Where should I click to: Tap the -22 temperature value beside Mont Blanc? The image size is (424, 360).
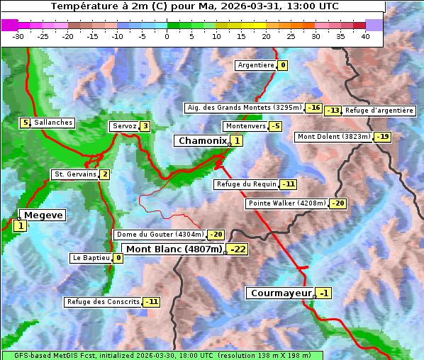click(x=238, y=249)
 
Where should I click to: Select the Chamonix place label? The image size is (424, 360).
click(x=202, y=141)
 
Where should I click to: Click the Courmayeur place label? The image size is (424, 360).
click(x=281, y=293)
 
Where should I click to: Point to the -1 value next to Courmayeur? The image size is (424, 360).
click(x=323, y=293)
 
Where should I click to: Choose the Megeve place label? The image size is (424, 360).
click(x=43, y=215)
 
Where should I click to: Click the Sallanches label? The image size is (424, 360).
click(x=53, y=123)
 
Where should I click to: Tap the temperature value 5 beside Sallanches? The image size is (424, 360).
click(x=26, y=123)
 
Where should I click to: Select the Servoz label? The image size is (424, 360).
click(x=123, y=126)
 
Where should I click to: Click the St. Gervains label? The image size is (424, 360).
click(x=75, y=174)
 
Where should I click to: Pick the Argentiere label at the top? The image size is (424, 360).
click(x=256, y=65)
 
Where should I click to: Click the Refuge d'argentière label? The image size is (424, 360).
click(x=379, y=111)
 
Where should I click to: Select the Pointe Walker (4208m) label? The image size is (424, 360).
click(x=286, y=203)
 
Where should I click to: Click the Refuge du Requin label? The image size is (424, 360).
click(x=246, y=184)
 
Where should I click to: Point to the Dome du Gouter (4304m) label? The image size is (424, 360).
click(x=160, y=235)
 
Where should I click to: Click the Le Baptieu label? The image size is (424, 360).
click(x=91, y=258)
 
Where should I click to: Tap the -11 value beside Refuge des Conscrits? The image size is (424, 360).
click(x=151, y=302)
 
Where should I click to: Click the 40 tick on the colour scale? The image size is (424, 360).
click(x=365, y=36)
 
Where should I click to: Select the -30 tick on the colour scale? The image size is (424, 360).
click(x=18, y=36)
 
